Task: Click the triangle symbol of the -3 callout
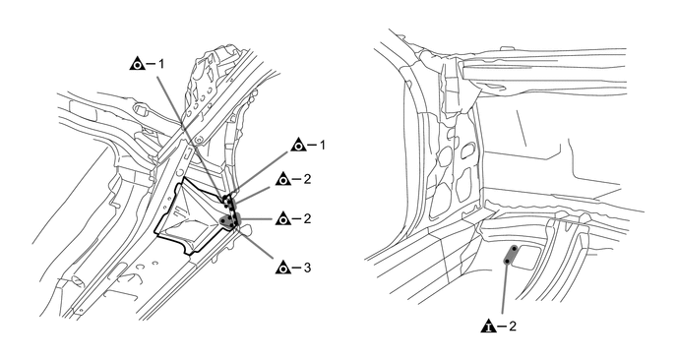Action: coord(282,269)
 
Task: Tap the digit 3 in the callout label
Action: coord(307,269)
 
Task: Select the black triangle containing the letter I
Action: coord(488,326)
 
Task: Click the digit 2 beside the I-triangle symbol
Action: coord(512,326)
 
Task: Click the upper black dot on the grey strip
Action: coord(515,248)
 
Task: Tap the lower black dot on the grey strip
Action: coord(507,262)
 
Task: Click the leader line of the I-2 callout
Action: coord(504,288)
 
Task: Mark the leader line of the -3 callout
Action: coord(255,243)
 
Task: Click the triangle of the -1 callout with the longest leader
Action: coord(138,64)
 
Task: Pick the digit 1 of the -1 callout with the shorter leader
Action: coord(322,145)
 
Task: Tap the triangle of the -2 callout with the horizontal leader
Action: coord(282,218)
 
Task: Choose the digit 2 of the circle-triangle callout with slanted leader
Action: coord(307,179)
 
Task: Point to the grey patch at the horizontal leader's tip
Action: coord(229,220)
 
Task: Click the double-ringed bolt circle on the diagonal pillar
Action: coord(198,140)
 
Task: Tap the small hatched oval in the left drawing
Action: coord(78,280)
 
